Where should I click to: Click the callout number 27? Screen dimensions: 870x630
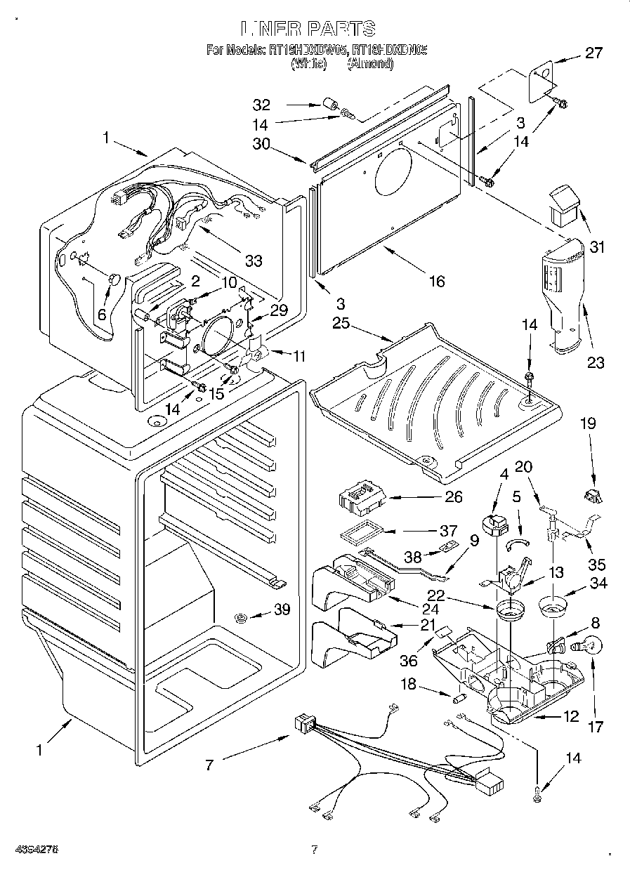(x=594, y=53)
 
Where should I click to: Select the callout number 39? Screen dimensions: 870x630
(x=282, y=609)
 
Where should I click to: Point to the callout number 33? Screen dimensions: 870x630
(x=253, y=261)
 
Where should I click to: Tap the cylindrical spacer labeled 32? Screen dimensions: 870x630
(x=327, y=106)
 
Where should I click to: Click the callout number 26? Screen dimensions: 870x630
(x=454, y=496)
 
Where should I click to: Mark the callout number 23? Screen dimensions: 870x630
(x=596, y=363)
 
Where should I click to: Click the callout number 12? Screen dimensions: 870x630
(x=571, y=716)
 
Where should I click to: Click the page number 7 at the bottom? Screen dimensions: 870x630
(x=315, y=850)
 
